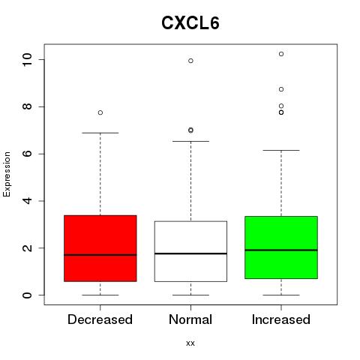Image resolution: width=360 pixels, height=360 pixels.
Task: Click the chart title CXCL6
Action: pos(190,23)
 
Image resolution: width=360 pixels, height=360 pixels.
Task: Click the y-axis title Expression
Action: pos(7,174)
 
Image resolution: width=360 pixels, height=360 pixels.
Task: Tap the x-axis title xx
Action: pos(190,343)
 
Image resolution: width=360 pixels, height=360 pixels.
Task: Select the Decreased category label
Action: pos(100,319)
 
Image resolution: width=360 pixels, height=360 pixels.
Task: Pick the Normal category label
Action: pos(190,319)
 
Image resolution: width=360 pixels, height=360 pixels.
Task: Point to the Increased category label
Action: pos(281,319)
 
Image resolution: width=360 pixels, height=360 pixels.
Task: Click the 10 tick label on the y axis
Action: pos(27,60)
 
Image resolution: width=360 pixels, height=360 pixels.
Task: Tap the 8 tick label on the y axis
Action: pos(27,106)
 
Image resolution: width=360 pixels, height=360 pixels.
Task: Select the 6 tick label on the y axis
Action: pos(27,154)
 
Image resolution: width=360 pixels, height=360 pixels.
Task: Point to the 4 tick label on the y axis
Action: pos(27,201)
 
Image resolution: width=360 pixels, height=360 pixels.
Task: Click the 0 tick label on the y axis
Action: pos(27,295)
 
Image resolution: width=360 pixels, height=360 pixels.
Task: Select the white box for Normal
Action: pos(190,251)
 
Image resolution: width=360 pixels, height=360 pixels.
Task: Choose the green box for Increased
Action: pos(281,247)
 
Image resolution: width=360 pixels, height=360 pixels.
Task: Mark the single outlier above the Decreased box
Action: pos(100,112)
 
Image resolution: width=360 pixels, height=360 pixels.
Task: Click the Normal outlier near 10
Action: pos(190,61)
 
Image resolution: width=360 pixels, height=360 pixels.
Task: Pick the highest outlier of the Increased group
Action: pos(281,54)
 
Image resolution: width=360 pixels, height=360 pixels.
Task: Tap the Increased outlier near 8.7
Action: pos(281,89)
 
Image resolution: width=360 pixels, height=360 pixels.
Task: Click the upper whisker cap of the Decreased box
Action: pos(100,133)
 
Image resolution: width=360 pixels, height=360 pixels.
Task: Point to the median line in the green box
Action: pos(281,250)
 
